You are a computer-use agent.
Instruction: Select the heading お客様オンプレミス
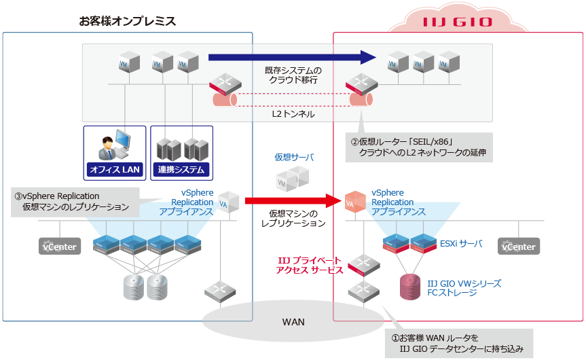[128, 21]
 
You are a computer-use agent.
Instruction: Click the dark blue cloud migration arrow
[292, 57]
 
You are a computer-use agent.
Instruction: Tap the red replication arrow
[292, 200]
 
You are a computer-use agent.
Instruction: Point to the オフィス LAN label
[113, 169]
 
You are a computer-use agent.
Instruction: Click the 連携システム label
[181, 169]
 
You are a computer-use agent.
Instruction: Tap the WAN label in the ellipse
[293, 321]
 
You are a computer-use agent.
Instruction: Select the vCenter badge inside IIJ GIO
[518, 247]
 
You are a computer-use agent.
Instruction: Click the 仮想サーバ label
[293, 157]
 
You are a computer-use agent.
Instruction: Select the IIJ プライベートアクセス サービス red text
[310, 265]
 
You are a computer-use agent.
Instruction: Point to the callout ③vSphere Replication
[75, 202]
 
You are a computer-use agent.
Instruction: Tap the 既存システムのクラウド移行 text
[293, 75]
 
